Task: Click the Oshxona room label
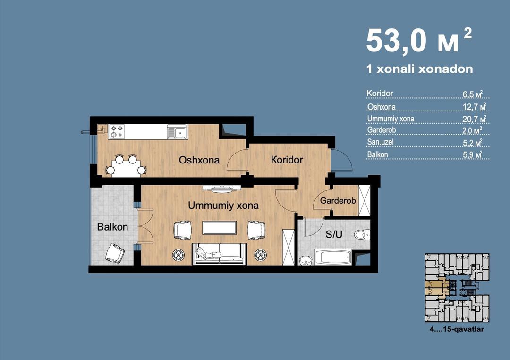click(199, 160)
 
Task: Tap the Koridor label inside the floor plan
click(287, 160)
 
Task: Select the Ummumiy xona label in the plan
click(223, 206)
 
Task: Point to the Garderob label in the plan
click(338, 200)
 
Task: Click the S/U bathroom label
click(334, 234)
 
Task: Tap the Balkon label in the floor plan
click(112, 227)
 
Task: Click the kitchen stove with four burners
click(117, 132)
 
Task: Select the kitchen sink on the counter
click(177, 132)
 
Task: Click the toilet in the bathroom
click(362, 234)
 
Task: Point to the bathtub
click(333, 257)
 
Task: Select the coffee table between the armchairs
click(219, 228)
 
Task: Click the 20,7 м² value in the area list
click(475, 119)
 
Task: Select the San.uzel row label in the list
click(380, 142)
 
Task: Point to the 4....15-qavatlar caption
click(456, 329)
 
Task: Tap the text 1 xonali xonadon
click(420, 69)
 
